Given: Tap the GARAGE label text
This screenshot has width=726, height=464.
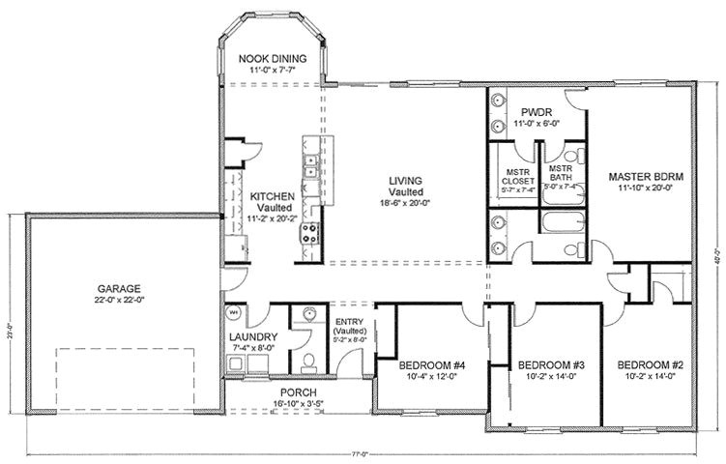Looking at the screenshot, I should click(119, 288).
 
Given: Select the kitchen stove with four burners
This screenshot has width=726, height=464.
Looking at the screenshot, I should click(312, 231).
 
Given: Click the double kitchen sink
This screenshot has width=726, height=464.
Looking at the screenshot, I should click(312, 166).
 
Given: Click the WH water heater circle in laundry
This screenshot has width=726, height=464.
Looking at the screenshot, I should click(234, 313).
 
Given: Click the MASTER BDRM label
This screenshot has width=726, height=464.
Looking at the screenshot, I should click(647, 177).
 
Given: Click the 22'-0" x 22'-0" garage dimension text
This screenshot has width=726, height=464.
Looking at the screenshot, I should click(119, 300).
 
